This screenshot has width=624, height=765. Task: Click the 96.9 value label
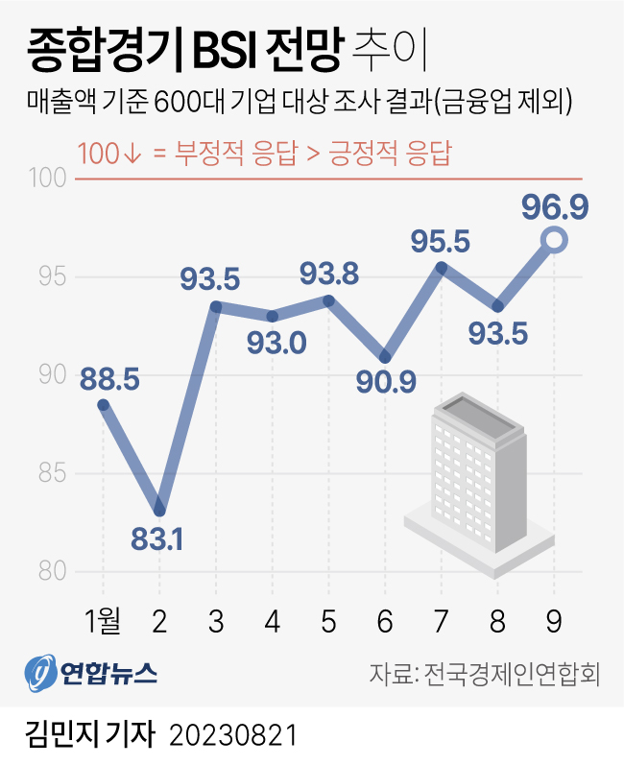pos(555,205)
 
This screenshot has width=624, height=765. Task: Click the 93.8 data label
pos(329,275)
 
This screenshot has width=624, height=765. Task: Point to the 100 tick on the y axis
pos(53,179)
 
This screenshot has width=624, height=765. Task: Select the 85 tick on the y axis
pos(53,473)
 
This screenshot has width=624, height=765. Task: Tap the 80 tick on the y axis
pos(53,571)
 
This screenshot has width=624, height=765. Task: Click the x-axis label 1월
pos(104,622)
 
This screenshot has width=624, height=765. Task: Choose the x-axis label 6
pos(385,622)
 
